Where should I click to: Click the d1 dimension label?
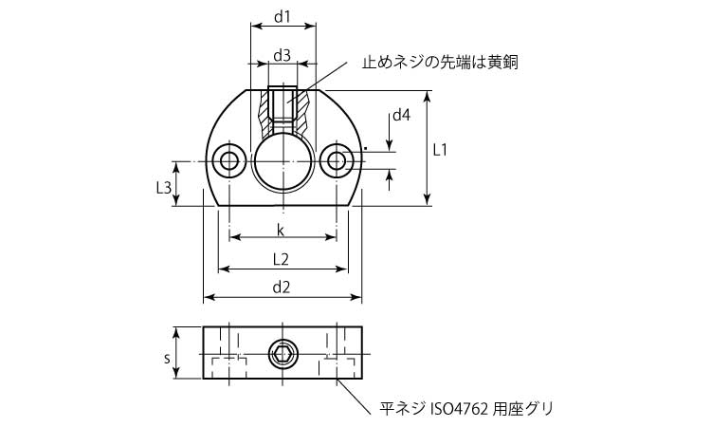pos(282,17)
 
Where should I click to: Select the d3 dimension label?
pos(282,55)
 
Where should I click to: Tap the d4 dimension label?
pos(401,115)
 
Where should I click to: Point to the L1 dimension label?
pos(439,150)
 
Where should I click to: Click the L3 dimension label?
pos(164,187)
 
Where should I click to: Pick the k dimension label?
pos(281,231)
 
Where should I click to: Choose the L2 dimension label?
pos(282,259)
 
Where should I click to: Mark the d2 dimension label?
pos(282,288)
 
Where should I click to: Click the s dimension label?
pos(167,359)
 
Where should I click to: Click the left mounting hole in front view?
pos(229,160)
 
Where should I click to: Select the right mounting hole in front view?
pos(337,160)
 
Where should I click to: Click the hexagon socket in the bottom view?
pos(282,353)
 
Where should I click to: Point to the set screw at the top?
pos(283,103)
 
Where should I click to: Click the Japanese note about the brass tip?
pos(440,63)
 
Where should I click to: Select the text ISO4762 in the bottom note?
pos(460,408)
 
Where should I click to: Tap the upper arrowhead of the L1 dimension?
pos(427,95)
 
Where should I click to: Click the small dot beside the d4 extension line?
pos(366,148)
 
